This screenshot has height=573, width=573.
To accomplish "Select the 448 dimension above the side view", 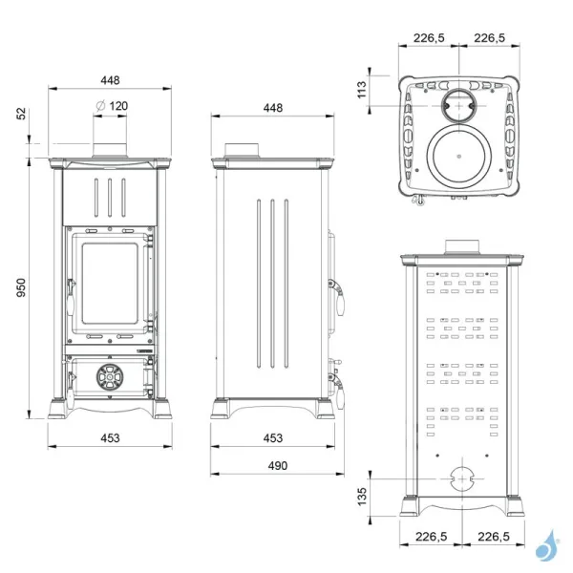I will (x=273, y=108).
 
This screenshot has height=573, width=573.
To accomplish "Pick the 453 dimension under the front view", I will (x=112, y=438).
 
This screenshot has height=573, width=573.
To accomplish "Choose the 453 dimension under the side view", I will (x=273, y=438).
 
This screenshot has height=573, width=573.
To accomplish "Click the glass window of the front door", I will (x=111, y=283).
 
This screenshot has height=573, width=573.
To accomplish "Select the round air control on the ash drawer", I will (x=111, y=378).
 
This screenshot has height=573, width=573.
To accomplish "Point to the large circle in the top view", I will (x=460, y=156).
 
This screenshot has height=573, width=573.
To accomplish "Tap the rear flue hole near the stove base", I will (x=460, y=478).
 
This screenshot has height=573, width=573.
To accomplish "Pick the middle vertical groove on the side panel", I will (x=273, y=283).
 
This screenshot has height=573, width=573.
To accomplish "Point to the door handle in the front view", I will (x=70, y=296).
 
